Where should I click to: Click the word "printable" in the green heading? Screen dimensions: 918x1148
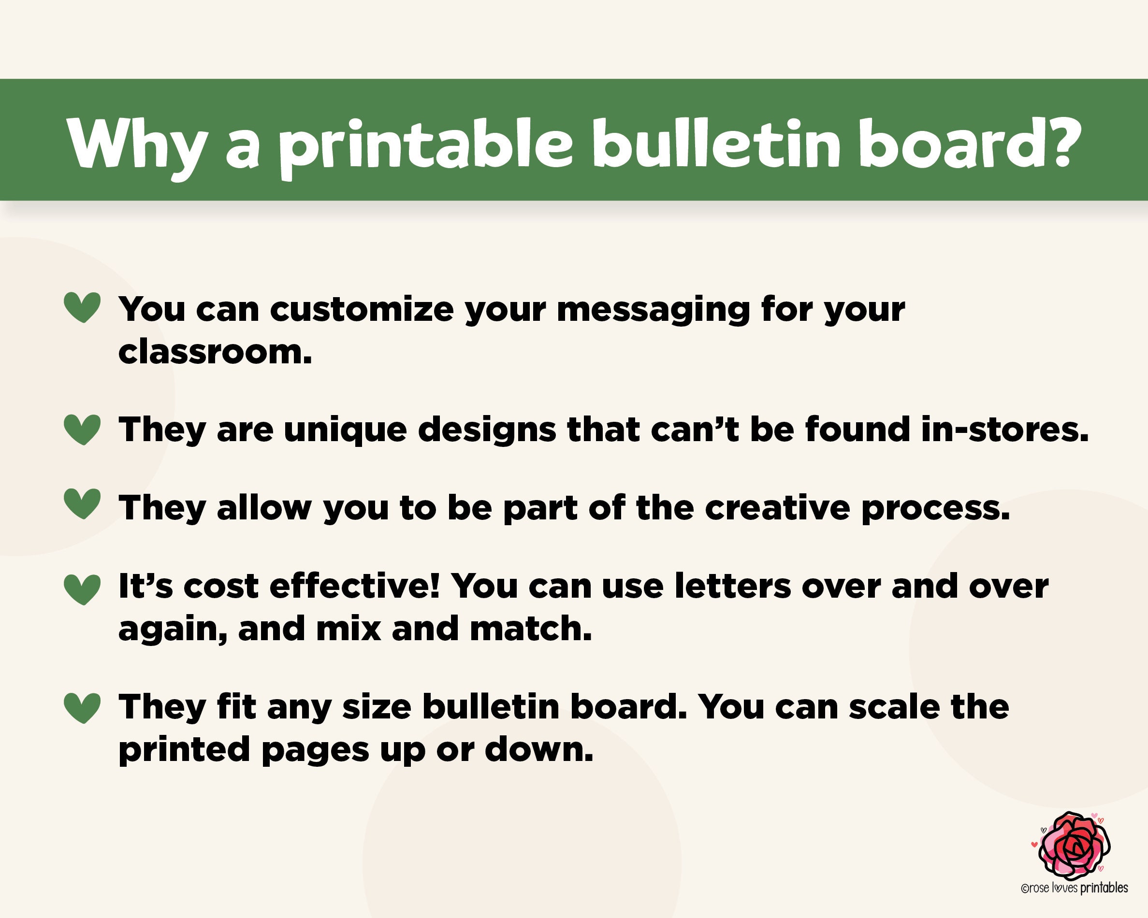425,145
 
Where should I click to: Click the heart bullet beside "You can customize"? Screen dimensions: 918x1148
82,307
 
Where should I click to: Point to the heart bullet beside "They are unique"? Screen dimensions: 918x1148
82,429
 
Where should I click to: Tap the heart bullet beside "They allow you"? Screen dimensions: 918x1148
82,503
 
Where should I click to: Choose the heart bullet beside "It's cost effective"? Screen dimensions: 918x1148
82,589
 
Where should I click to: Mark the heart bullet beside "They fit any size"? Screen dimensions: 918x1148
82,707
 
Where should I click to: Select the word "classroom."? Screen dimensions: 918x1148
215,352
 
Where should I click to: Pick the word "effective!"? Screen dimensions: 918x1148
355,586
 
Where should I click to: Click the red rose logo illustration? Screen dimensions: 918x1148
1074,846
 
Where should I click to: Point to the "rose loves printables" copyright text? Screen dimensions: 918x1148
1074,888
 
